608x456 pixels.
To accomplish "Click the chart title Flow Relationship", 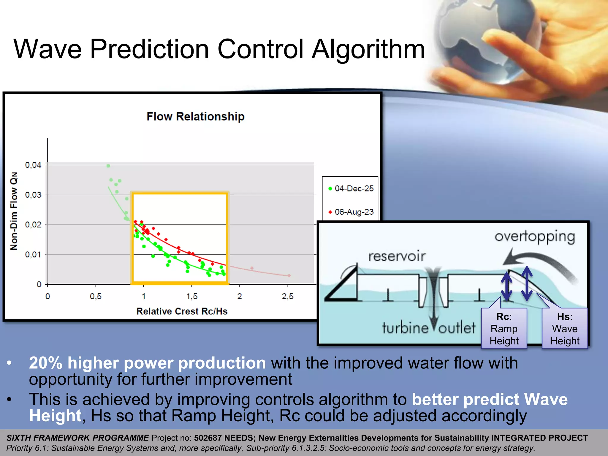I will point(195,116).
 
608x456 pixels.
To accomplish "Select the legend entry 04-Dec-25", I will point(354,189).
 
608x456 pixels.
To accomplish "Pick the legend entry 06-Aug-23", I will point(354,212).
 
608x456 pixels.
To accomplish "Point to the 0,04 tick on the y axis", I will point(33,165).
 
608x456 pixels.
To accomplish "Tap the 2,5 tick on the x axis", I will point(287,296).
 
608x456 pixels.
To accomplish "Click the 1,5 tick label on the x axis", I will point(192,296).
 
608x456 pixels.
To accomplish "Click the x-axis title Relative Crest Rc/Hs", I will point(182,311).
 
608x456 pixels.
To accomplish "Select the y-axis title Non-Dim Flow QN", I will point(14,211).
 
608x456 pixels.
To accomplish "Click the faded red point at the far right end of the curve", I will point(289,275).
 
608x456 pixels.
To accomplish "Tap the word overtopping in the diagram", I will point(535,237).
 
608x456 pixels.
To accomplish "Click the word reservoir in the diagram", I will point(397,256).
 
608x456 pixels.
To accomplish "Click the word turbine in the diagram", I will point(405,328).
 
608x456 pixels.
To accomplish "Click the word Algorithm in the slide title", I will point(368,49).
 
